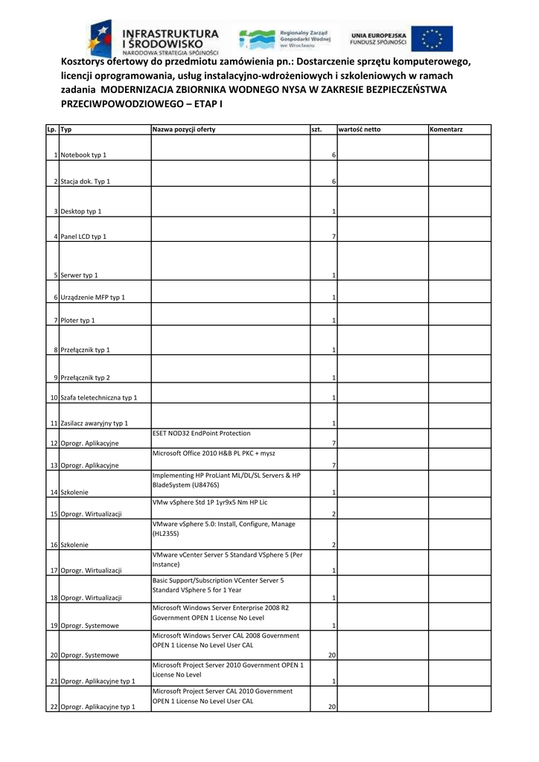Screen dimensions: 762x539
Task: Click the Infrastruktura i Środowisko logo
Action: [154, 39]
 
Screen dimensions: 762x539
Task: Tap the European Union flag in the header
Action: [432, 38]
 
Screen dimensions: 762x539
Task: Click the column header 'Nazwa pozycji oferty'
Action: [184, 129]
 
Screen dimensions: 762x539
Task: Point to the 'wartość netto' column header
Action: [360, 129]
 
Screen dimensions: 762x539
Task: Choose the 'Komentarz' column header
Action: [447, 129]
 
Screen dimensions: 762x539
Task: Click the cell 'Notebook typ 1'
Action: [83, 155]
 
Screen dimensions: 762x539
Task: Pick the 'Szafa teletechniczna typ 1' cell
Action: [99, 398]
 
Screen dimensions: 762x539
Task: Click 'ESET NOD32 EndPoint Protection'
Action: [202, 433]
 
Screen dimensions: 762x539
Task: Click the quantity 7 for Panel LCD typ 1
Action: [334, 237]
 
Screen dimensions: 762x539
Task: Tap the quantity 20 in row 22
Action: [332, 707]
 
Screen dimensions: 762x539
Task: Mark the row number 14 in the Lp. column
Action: [54, 493]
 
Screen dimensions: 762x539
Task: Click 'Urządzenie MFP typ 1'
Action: [93, 298]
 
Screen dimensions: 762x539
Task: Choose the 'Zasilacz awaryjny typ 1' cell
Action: [95, 424]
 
